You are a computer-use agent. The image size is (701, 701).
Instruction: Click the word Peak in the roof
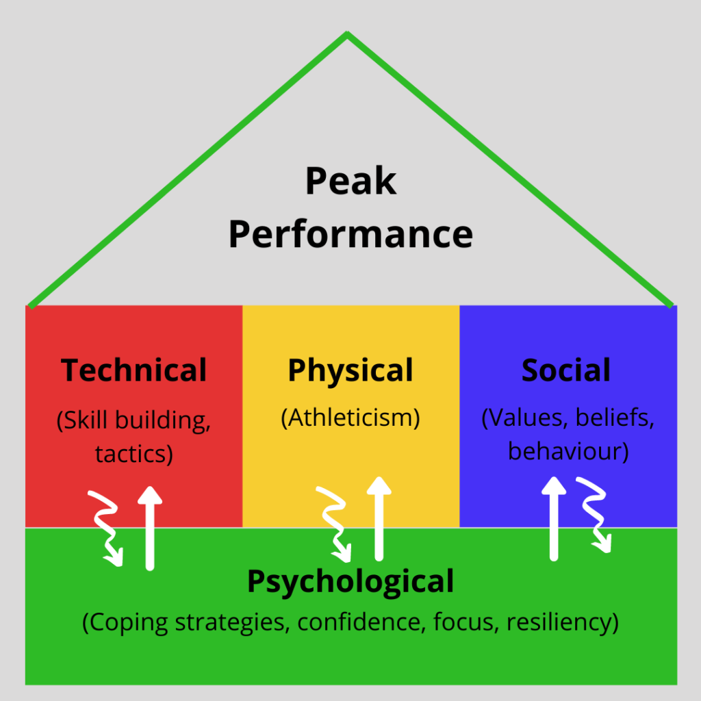pos(350,183)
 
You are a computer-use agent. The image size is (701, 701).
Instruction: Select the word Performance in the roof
pos(350,234)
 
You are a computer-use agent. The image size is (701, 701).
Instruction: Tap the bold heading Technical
pos(134,370)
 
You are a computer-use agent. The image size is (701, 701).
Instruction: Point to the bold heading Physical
pos(350,370)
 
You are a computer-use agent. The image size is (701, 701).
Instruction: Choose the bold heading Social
pos(566,370)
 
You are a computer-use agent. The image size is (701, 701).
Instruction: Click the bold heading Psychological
pos(350,581)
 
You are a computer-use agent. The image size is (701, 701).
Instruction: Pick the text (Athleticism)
pos(350,418)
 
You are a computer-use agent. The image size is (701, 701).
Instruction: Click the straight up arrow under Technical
pos(150,527)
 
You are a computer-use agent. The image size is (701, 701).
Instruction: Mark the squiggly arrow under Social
pos(594,513)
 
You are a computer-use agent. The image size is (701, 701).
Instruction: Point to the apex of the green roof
pos(348,33)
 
